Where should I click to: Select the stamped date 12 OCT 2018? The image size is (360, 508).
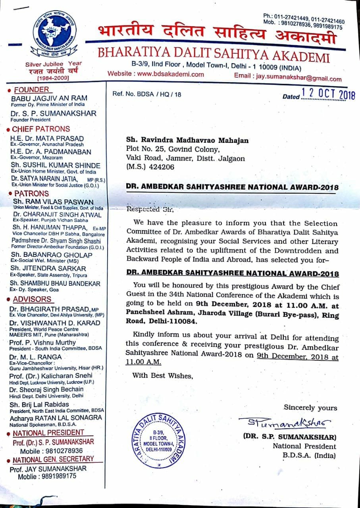tap(328, 94)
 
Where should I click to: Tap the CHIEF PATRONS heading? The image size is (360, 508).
tap(40, 129)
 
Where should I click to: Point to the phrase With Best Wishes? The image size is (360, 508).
tap(163, 375)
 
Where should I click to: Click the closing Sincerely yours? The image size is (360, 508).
tap(310, 408)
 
